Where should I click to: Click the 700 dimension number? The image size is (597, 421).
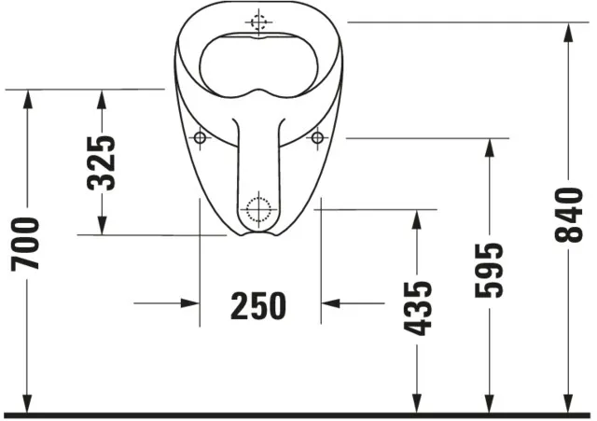[x=26, y=245]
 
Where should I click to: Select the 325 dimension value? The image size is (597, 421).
[x=102, y=162]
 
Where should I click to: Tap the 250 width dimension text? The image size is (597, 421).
[x=258, y=304]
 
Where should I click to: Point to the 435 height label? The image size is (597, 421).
[x=419, y=307]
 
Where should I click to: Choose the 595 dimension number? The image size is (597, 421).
[x=488, y=270]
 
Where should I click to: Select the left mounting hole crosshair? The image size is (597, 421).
[x=199, y=138]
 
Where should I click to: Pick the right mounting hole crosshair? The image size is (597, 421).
[x=317, y=138]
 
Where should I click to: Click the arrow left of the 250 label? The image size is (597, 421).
[x=188, y=303]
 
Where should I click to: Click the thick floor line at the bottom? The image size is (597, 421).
[x=298, y=414]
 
